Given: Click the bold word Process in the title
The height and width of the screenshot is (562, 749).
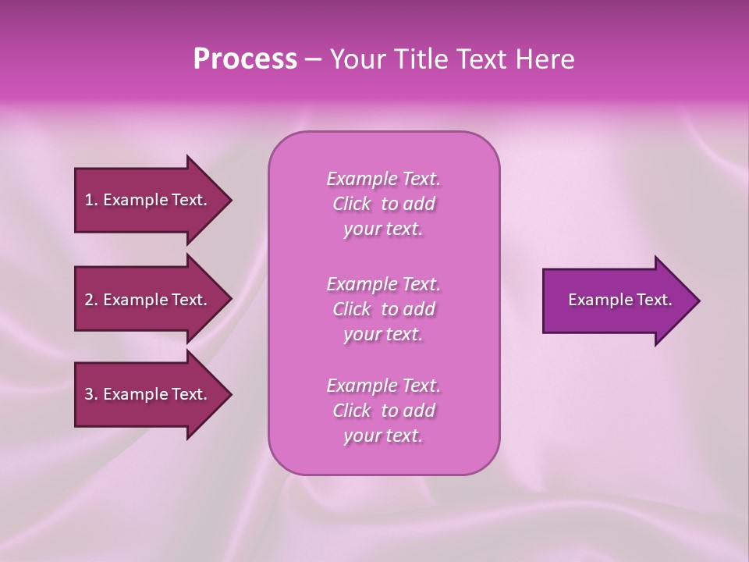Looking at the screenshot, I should pyautogui.click(x=245, y=59).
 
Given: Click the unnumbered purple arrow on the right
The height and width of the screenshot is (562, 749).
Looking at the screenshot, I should pyautogui.click(x=616, y=300).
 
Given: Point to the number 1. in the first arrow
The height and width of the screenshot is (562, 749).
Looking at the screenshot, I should pyautogui.click(x=91, y=200).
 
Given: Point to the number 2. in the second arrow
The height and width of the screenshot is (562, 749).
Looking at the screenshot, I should pyautogui.click(x=91, y=300).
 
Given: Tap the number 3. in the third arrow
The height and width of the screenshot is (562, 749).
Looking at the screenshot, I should pyautogui.click(x=91, y=394).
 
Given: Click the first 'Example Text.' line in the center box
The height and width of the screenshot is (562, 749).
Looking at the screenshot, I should pyautogui.click(x=383, y=179).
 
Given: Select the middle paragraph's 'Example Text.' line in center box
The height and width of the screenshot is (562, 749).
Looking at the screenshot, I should pyautogui.click(x=383, y=284).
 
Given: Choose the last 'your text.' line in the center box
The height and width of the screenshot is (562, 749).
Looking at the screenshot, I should pyautogui.click(x=383, y=436).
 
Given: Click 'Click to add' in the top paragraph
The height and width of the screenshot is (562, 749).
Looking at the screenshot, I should pyautogui.click(x=383, y=205).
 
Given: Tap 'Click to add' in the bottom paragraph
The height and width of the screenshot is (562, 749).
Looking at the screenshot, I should pyautogui.click(x=383, y=411).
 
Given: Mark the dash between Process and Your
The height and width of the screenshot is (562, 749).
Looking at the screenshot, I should pyautogui.click(x=313, y=60).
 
